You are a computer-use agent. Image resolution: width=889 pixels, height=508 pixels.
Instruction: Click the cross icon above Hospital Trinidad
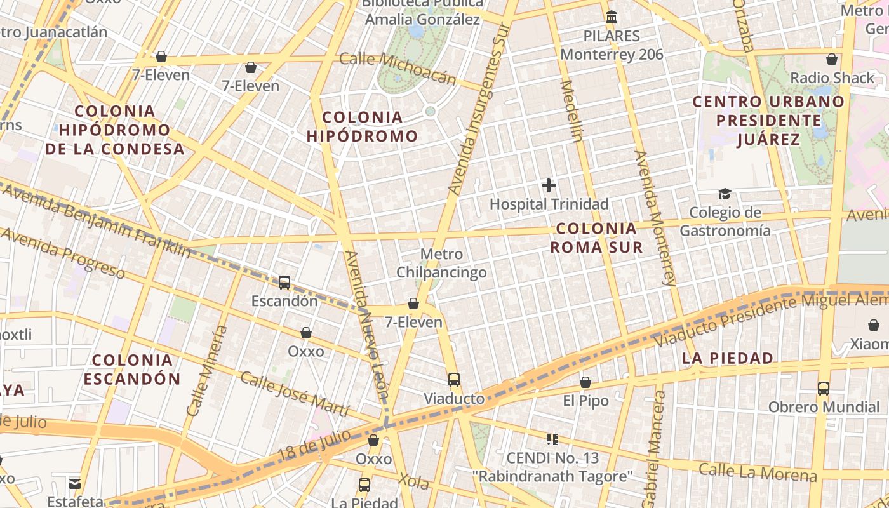pyautogui.click(x=549, y=185)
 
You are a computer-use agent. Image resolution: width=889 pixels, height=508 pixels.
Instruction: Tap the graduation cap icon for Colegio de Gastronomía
pyautogui.click(x=725, y=194)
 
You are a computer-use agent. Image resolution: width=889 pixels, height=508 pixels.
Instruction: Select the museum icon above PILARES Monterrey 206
pyautogui.click(x=612, y=17)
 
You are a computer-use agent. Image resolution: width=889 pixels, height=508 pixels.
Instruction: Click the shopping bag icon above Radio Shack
pyautogui.click(x=832, y=60)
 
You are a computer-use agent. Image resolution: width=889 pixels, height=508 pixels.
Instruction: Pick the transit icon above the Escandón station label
pyautogui.click(x=284, y=283)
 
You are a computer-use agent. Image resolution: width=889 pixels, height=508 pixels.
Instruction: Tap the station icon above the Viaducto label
pyautogui.click(x=453, y=380)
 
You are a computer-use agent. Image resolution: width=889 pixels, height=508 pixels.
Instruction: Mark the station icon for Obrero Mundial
pyautogui.click(x=824, y=388)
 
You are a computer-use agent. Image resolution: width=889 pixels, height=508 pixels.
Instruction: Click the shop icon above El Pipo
pyautogui.click(x=585, y=382)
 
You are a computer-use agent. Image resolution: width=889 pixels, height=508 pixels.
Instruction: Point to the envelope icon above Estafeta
pyautogui.click(x=76, y=483)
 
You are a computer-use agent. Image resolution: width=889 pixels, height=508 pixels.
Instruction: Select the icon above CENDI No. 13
pyautogui.click(x=552, y=439)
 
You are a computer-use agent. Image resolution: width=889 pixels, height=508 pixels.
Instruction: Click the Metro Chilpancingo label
pyautogui.click(x=442, y=264)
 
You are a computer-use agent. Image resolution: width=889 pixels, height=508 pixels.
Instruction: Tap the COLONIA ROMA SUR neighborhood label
pyautogui.click(x=596, y=237)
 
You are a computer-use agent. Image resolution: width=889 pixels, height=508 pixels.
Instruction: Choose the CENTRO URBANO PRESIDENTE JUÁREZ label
pyautogui.click(x=768, y=120)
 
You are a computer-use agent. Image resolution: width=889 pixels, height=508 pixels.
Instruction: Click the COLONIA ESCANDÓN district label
pyautogui.click(x=132, y=370)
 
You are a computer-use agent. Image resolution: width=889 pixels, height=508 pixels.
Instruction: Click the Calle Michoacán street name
pyautogui.click(x=398, y=68)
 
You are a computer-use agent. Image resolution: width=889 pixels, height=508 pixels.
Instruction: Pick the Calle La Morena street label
pyautogui.click(x=757, y=472)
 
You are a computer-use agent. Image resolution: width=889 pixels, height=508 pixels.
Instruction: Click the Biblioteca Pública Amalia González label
pyautogui.click(x=422, y=12)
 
